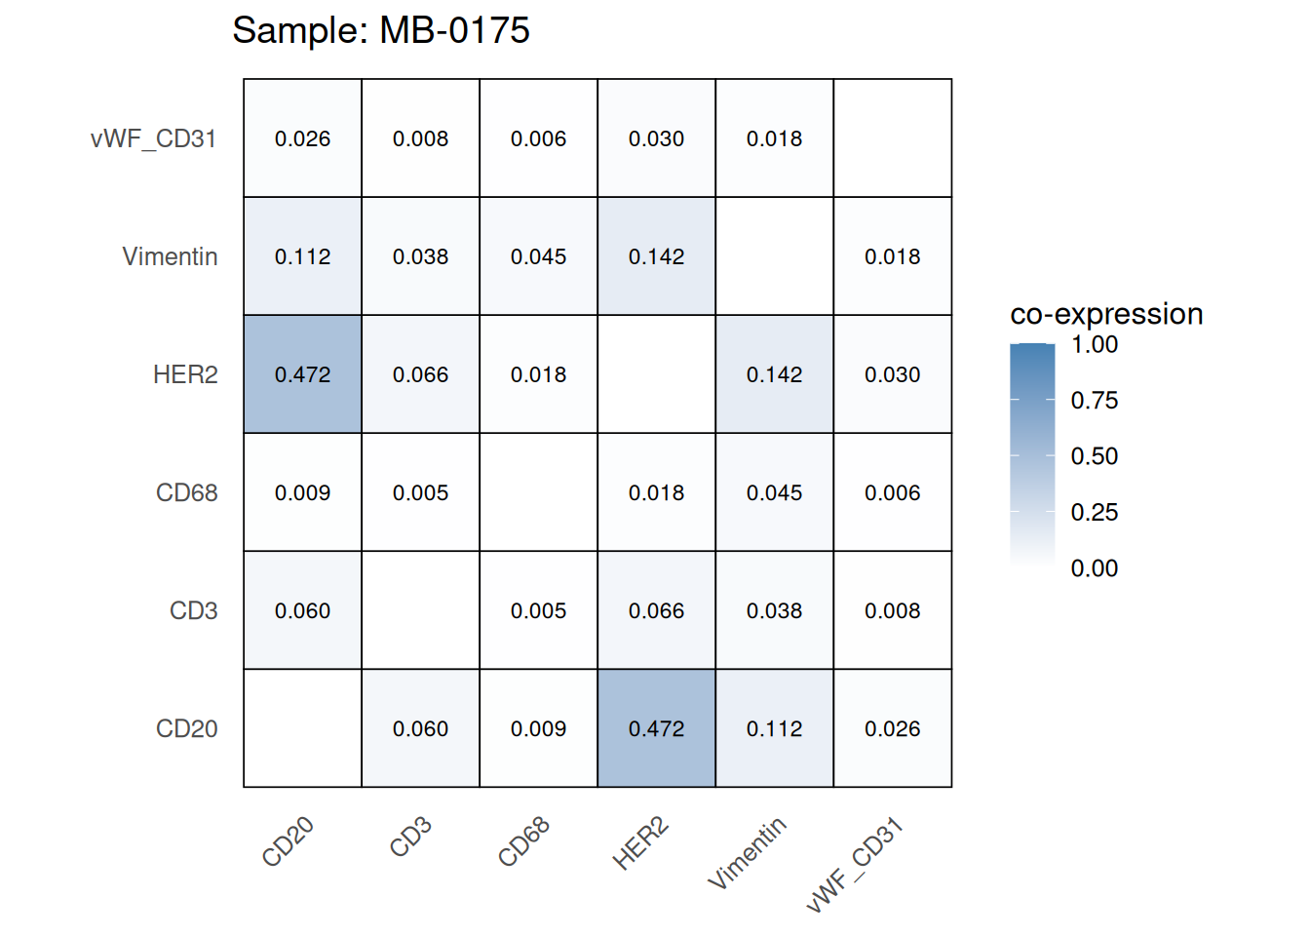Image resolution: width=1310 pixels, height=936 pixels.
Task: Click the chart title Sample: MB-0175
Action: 381,30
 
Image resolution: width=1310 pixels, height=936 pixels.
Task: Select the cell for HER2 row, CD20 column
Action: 303,374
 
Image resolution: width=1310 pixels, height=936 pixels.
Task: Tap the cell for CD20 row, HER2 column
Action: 656,728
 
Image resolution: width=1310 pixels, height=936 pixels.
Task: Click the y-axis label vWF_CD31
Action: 153,138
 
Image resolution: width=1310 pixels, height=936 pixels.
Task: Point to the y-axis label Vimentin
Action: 170,256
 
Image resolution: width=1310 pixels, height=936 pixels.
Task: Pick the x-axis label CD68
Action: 524,841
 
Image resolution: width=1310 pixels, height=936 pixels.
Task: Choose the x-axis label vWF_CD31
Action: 856,865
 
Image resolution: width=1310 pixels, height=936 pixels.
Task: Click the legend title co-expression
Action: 1106,314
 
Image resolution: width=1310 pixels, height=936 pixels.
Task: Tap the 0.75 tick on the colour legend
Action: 1094,400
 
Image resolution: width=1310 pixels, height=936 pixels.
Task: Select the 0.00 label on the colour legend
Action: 1094,568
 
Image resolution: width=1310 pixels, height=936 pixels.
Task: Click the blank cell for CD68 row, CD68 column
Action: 538,492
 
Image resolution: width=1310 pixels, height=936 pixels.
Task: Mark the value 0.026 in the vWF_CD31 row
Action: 303,138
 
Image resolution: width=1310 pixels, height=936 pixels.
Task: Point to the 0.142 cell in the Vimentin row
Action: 656,256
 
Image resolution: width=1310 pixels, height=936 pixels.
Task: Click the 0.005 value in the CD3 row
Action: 538,610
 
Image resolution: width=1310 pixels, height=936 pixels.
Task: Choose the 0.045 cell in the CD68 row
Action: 774,492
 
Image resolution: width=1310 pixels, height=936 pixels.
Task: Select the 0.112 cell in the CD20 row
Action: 774,728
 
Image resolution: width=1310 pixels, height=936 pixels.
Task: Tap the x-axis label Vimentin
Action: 747,853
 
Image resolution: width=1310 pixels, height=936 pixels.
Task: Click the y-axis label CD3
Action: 193,610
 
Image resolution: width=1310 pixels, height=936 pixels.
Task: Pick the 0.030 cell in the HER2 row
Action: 892,374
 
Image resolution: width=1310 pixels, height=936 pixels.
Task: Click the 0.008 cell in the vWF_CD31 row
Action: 421,138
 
